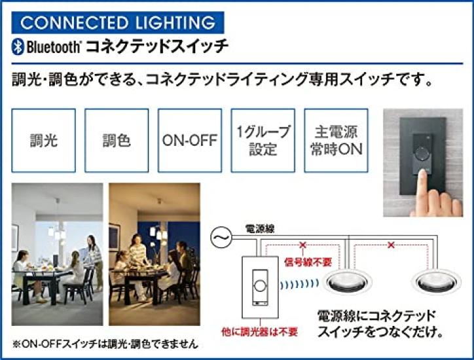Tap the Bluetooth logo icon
click(18, 47)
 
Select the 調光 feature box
click(43, 141)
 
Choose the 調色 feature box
click(117, 141)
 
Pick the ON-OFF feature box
click(189, 141)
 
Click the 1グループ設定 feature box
click(263, 141)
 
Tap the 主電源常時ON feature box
click(336, 141)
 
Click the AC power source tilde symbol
click(220, 234)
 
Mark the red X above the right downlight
click(391, 245)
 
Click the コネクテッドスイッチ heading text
click(158, 47)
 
